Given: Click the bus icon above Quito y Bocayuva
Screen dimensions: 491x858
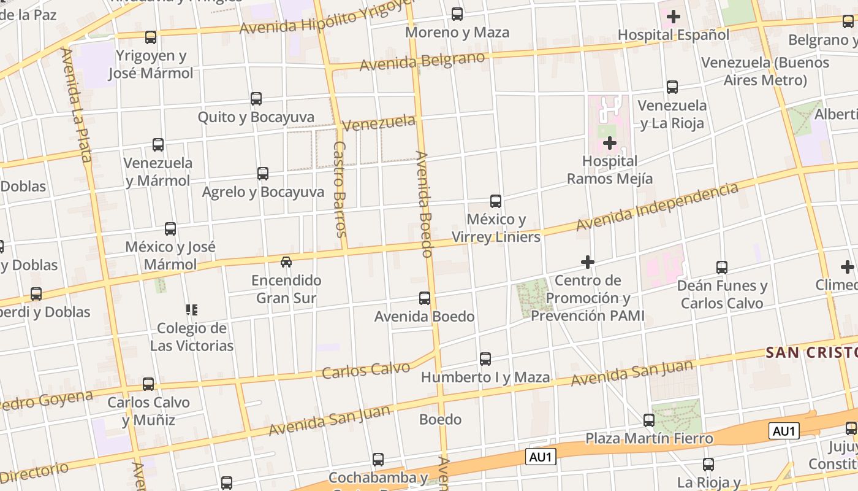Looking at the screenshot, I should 256,98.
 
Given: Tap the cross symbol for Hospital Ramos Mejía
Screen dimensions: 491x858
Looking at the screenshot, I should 609,144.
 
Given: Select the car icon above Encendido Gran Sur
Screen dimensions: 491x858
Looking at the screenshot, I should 286,262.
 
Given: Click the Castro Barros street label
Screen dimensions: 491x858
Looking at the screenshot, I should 341,189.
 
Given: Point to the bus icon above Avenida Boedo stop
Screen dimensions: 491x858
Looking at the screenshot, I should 424,298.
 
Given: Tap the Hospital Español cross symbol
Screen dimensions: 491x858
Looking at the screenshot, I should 674,17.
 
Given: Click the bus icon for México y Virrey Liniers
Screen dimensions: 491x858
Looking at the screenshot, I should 496,201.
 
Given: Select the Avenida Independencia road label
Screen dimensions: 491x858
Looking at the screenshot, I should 657,207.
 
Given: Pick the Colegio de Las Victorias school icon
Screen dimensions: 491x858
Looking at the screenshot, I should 192,309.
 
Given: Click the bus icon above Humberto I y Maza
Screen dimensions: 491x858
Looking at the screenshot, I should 485,358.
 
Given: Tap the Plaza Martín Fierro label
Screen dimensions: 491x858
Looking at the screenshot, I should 649,438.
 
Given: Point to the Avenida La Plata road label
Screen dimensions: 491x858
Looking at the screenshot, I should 77,104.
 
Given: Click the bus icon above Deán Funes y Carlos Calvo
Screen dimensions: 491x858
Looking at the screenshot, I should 722,267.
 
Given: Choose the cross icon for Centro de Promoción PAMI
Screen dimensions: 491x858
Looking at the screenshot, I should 588,262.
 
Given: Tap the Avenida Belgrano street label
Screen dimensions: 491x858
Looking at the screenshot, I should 422,61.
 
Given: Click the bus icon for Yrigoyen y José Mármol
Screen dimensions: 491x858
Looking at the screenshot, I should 151,37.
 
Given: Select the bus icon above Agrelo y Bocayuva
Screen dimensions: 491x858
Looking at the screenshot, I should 263,174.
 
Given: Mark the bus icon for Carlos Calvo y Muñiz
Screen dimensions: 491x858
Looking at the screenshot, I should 148,384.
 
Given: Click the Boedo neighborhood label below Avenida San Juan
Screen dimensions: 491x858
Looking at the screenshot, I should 440,419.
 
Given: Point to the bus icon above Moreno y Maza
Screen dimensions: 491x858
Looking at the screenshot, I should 457,14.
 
